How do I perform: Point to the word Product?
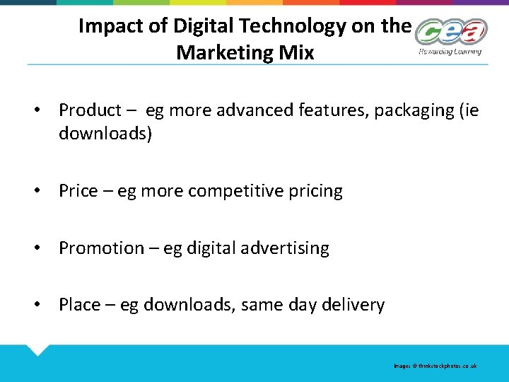pyautogui.click(x=90, y=110)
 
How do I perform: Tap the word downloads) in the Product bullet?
pyautogui.click(x=105, y=134)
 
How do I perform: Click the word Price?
pyautogui.click(x=78, y=191)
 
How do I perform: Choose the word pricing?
pyautogui.click(x=315, y=191)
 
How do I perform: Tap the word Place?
pyautogui.click(x=79, y=305)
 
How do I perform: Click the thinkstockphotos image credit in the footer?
pyautogui.click(x=435, y=366)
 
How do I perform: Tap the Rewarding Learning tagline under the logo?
pyautogui.click(x=450, y=51)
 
